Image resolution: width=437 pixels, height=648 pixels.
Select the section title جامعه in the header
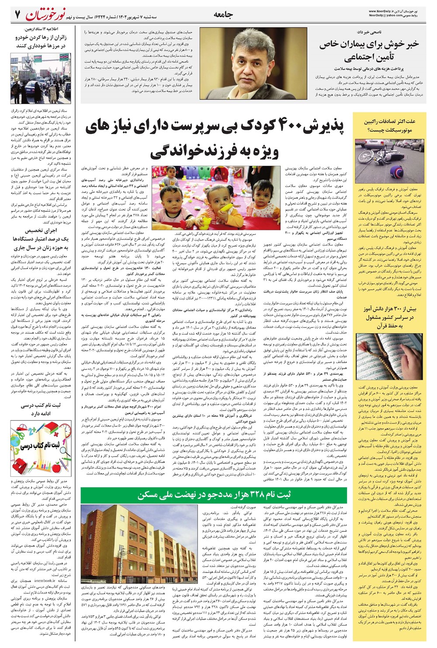[223, 14]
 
